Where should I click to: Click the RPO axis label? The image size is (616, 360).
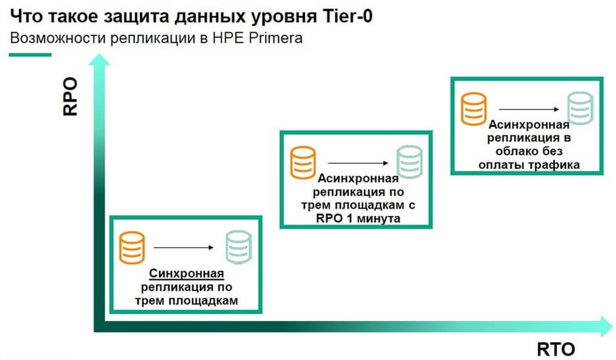coord(70,97)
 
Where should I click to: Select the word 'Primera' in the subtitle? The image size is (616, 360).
coord(279,37)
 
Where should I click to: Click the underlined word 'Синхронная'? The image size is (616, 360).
coord(187,274)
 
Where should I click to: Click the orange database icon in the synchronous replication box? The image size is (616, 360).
coord(131,248)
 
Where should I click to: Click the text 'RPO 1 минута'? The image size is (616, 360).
coord(359,218)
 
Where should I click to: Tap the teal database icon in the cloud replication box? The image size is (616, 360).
coord(580,109)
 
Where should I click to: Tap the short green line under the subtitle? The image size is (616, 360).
coord(30,54)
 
